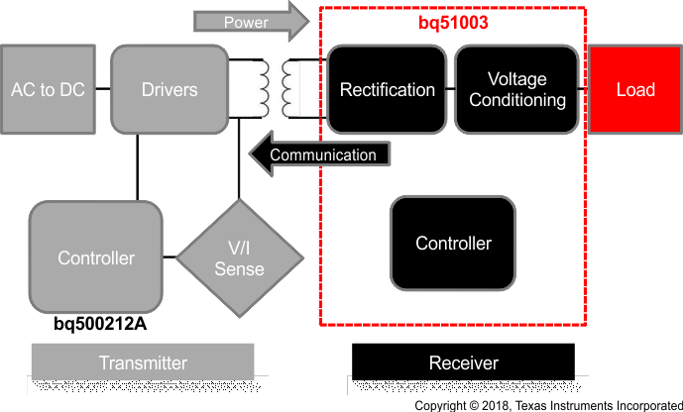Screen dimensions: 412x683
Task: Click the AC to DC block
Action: pos(48,89)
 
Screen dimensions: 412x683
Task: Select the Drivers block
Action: pos(170,89)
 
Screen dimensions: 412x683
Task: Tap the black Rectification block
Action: pos(387,89)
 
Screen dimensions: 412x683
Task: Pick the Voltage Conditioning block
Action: pos(516,89)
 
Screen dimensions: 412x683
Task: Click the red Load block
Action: pos(635,89)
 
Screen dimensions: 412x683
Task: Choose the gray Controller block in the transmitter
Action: pos(95,257)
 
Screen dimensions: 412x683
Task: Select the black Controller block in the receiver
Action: pos(452,243)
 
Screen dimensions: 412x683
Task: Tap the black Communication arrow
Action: pos(317,154)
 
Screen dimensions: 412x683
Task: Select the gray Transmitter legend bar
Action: pos(143,362)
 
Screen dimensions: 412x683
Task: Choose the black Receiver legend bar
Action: pos(463,362)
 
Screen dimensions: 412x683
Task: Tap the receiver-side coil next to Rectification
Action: pos(289,89)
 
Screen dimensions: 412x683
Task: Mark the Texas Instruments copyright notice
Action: pos(547,405)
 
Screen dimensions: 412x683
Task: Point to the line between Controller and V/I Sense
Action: pos(170,258)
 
